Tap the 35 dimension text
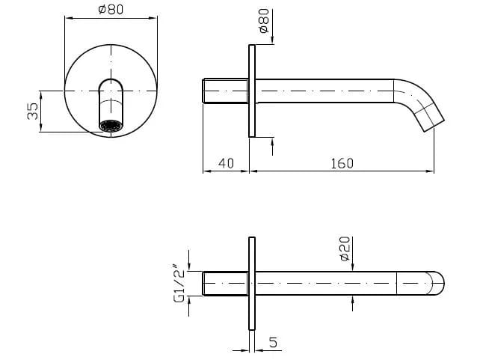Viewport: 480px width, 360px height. (32, 112)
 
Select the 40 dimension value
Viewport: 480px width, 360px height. (226, 162)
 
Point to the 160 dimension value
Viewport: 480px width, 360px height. (342, 162)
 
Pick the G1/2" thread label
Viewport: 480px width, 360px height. (179, 283)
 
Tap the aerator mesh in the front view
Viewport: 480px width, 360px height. (111, 125)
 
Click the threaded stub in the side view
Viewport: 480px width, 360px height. (225, 91)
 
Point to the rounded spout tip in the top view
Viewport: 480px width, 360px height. (435, 284)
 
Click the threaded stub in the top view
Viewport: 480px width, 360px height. (225, 284)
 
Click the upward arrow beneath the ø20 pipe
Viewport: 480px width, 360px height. (351, 301)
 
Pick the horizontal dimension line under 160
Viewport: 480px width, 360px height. (342, 171)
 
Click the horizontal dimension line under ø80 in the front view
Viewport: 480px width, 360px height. (111, 19)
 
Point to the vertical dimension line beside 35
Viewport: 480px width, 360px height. (40, 112)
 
